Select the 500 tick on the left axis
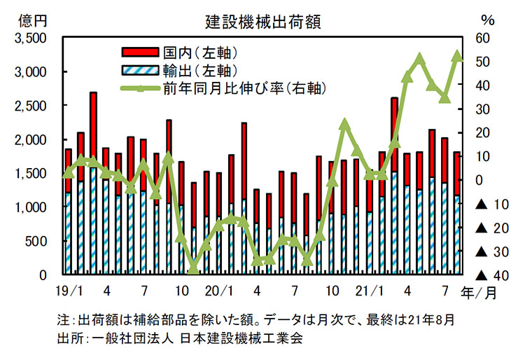(x=35, y=242)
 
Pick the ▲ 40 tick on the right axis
(x=489, y=275)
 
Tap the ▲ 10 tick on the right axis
(x=489, y=204)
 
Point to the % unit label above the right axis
(x=489, y=20)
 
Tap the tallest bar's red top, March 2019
(x=93, y=130)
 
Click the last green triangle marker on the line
(x=457, y=57)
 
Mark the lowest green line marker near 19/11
(x=194, y=268)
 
